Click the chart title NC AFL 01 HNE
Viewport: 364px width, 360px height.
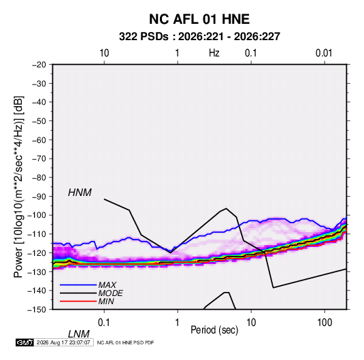pos(199,19)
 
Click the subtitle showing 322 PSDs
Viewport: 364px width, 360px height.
pos(199,37)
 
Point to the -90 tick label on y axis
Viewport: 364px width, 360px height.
pos(39,196)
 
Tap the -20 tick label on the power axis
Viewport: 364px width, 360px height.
pos(39,65)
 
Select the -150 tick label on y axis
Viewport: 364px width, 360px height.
pos(37,310)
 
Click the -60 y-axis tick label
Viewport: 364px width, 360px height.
pos(39,140)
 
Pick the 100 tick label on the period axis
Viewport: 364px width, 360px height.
pos(325,323)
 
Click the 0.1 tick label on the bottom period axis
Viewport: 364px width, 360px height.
pos(104,323)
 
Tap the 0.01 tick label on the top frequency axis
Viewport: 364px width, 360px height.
pos(324,53)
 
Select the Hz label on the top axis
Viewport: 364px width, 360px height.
pos(214,53)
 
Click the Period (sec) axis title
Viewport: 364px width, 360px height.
pos(214,330)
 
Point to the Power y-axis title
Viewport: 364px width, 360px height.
pos(18,186)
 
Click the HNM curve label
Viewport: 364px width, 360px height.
pos(80,193)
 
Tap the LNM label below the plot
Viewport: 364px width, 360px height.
pos(78,334)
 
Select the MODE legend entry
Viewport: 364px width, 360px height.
pos(91,293)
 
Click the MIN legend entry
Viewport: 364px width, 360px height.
pos(87,301)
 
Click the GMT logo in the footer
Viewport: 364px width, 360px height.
pos(24,342)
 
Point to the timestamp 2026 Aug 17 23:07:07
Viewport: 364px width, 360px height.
pos(63,342)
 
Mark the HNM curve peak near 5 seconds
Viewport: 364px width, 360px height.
pos(226,208)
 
